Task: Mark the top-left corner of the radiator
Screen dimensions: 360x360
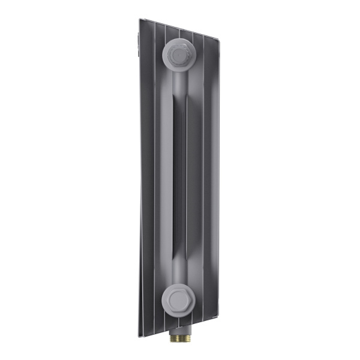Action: tap(140, 19)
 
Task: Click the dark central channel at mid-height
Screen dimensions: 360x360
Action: tap(179, 180)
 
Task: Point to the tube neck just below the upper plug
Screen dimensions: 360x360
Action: tap(179, 81)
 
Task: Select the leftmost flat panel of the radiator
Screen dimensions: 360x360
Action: tap(146, 180)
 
